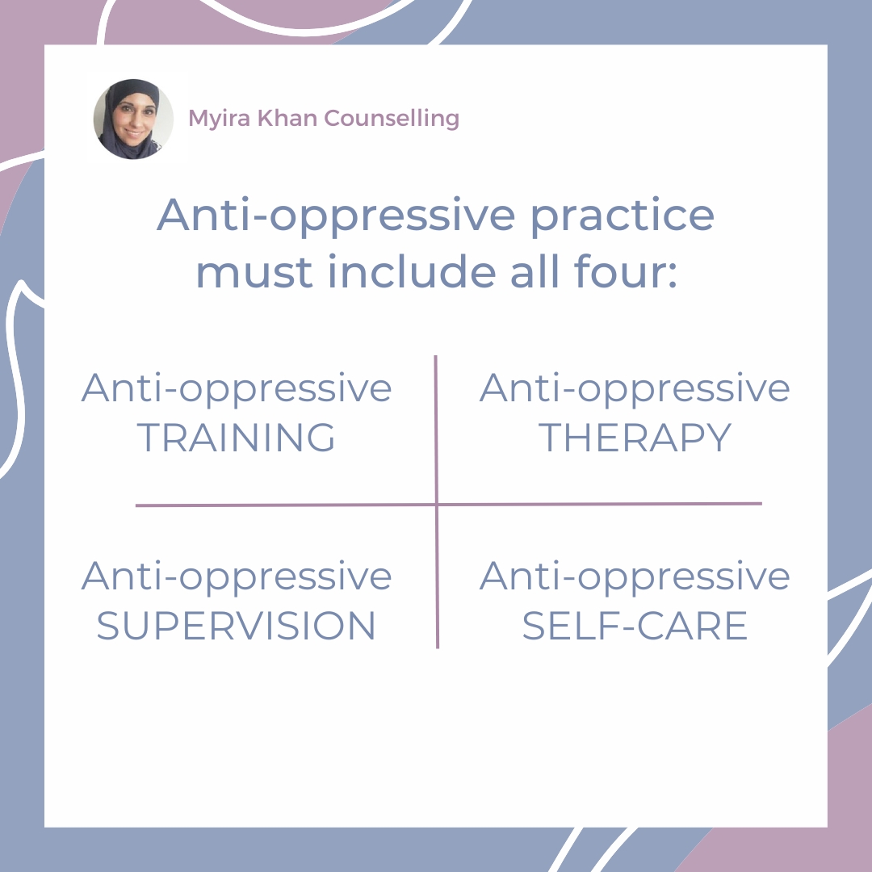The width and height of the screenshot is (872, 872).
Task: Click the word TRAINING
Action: (237, 438)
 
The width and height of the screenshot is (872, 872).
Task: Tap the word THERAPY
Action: (635, 438)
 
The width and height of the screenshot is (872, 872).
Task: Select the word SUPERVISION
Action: (237, 626)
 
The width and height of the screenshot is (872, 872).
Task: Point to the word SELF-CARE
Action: (635, 626)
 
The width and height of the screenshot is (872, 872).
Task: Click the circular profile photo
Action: (133, 119)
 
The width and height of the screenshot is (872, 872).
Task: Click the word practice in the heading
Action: (622, 216)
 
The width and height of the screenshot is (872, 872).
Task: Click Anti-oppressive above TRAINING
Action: (237, 389)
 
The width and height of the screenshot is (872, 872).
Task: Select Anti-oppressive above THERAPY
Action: (635, 389)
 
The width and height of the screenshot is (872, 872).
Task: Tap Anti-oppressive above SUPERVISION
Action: (237, 576)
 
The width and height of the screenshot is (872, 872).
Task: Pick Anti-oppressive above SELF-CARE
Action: (635, 576)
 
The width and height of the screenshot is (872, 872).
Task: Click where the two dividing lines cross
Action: (437, 505)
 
